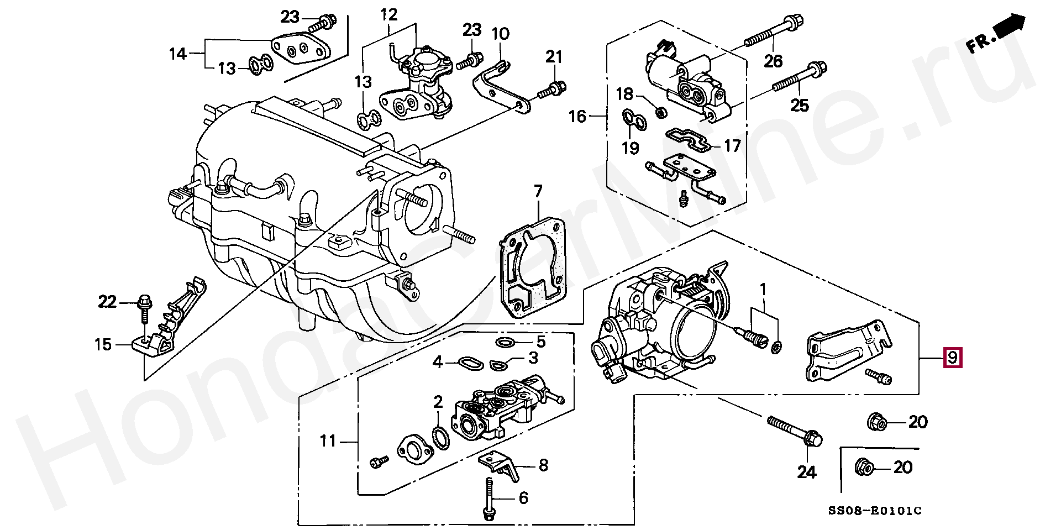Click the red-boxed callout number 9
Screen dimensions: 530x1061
(952, 358)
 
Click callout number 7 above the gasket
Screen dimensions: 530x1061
(538, 192)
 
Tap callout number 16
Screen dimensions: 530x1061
(577, 117)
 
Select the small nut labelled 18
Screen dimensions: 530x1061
(659, 113)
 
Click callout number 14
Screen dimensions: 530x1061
(178, 54)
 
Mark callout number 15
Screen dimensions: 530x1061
(103, 345)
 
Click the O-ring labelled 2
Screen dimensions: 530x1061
(440, 437)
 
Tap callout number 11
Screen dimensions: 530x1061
(328, 441)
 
